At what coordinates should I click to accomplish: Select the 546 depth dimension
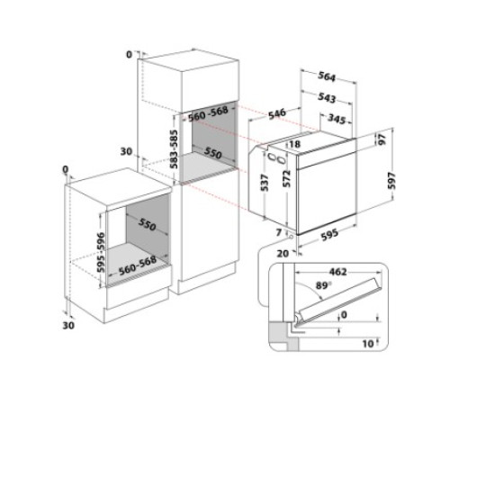(276, 112)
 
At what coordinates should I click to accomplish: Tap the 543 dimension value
(326, 95)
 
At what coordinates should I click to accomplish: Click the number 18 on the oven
(294, 144)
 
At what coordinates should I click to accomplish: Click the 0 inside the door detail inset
(344, 314)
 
